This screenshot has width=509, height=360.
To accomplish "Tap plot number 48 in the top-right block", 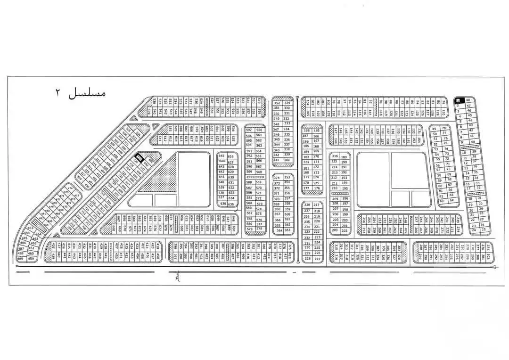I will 468,100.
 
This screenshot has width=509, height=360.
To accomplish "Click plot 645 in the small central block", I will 221,156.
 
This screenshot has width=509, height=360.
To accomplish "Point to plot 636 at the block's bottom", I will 223,204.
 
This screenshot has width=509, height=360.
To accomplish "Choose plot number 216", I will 335,156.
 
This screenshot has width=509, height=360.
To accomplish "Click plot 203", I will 335,230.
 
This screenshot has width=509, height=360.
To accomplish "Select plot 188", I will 307,131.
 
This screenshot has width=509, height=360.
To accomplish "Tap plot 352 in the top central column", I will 277,103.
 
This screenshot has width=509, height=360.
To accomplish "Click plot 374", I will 277,178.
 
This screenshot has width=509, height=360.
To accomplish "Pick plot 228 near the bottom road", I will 307,259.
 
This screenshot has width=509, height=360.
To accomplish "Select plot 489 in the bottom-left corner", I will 20,259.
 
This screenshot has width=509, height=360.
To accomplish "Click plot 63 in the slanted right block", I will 442,201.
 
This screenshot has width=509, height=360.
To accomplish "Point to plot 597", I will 249,130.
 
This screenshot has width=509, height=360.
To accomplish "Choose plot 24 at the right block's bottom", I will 474,230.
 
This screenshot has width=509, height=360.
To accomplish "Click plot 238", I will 307,205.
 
